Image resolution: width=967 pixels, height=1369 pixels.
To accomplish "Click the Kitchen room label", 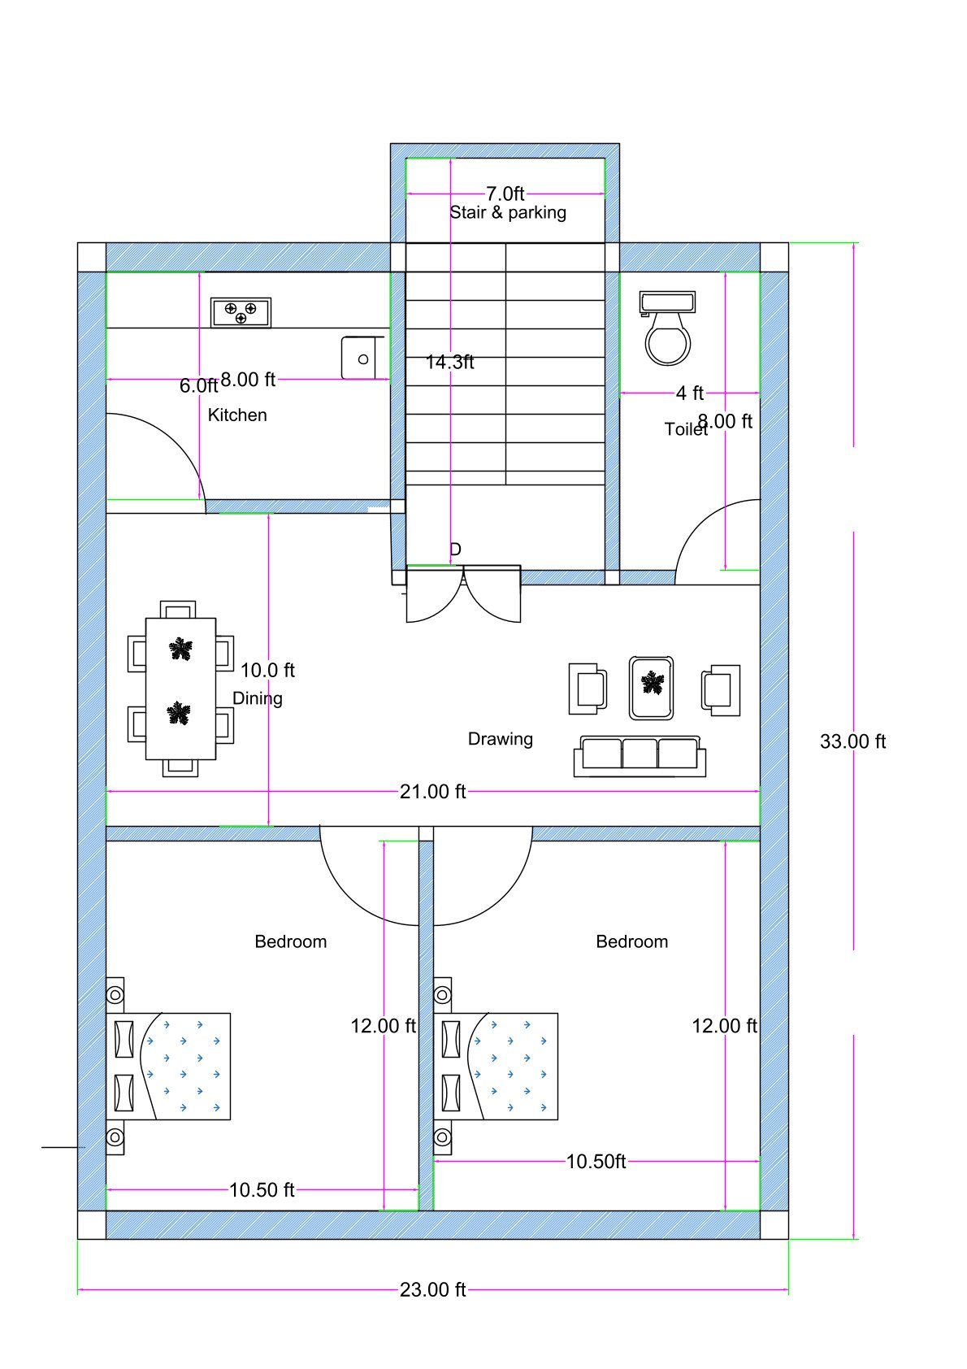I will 237,415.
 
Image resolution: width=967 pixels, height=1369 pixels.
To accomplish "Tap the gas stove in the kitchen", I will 241,312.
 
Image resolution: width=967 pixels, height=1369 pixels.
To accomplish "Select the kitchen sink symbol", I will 362,358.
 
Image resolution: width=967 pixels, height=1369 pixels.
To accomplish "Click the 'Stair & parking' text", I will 508,213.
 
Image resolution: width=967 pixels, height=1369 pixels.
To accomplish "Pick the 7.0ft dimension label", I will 505,193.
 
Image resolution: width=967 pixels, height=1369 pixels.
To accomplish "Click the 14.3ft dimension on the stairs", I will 449,363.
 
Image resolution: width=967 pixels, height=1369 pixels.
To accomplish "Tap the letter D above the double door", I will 455,550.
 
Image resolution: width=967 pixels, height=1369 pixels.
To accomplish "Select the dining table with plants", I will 180,689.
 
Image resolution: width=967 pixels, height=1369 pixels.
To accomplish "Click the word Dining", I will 258,698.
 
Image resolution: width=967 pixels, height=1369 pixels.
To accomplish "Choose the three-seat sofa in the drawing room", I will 640,756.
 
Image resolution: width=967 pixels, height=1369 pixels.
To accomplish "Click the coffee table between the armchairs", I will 651,688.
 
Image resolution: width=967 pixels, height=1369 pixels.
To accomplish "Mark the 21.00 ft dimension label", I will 432,792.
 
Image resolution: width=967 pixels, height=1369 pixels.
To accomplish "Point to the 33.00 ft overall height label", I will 852,741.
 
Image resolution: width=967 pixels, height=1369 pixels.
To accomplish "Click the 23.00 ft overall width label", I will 432,1290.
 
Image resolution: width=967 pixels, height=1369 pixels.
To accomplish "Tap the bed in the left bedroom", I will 169,1066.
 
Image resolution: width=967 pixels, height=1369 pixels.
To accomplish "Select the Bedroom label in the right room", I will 631,941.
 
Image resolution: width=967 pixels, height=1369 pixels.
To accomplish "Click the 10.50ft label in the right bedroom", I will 596,1162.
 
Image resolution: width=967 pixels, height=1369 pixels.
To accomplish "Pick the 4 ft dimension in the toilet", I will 689,393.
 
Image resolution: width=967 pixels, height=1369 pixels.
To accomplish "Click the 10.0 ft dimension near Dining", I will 267,671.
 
